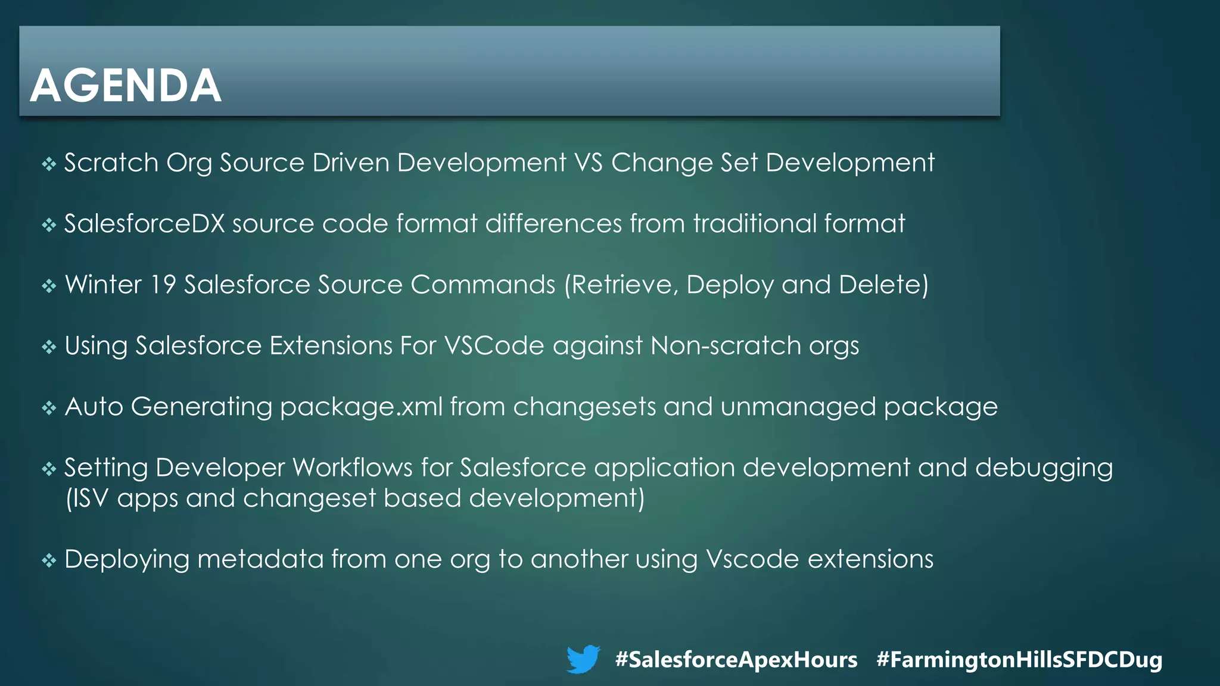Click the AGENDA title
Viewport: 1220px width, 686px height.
pos(126,86)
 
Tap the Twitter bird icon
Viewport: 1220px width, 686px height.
pos(583,659)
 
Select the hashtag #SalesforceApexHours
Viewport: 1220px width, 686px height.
pos(736,660)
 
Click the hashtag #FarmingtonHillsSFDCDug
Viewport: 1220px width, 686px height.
pos(1019,660)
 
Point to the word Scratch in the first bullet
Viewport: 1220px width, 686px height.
pos(111,163)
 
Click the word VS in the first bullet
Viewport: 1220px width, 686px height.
pos(589,163)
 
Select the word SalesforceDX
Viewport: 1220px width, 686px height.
pos(144,224)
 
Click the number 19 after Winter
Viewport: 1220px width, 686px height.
pos(163,285)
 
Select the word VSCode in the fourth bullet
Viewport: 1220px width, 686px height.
pos(494,346)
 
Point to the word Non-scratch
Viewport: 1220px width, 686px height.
pos(726,346)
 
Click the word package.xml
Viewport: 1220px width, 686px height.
pos(361,407)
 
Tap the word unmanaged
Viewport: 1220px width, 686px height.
pos(798,407)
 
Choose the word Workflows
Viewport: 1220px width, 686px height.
pos(353,468)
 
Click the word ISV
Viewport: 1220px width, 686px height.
pos(90,498)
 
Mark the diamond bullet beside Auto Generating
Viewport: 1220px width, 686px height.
pos(49,408)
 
